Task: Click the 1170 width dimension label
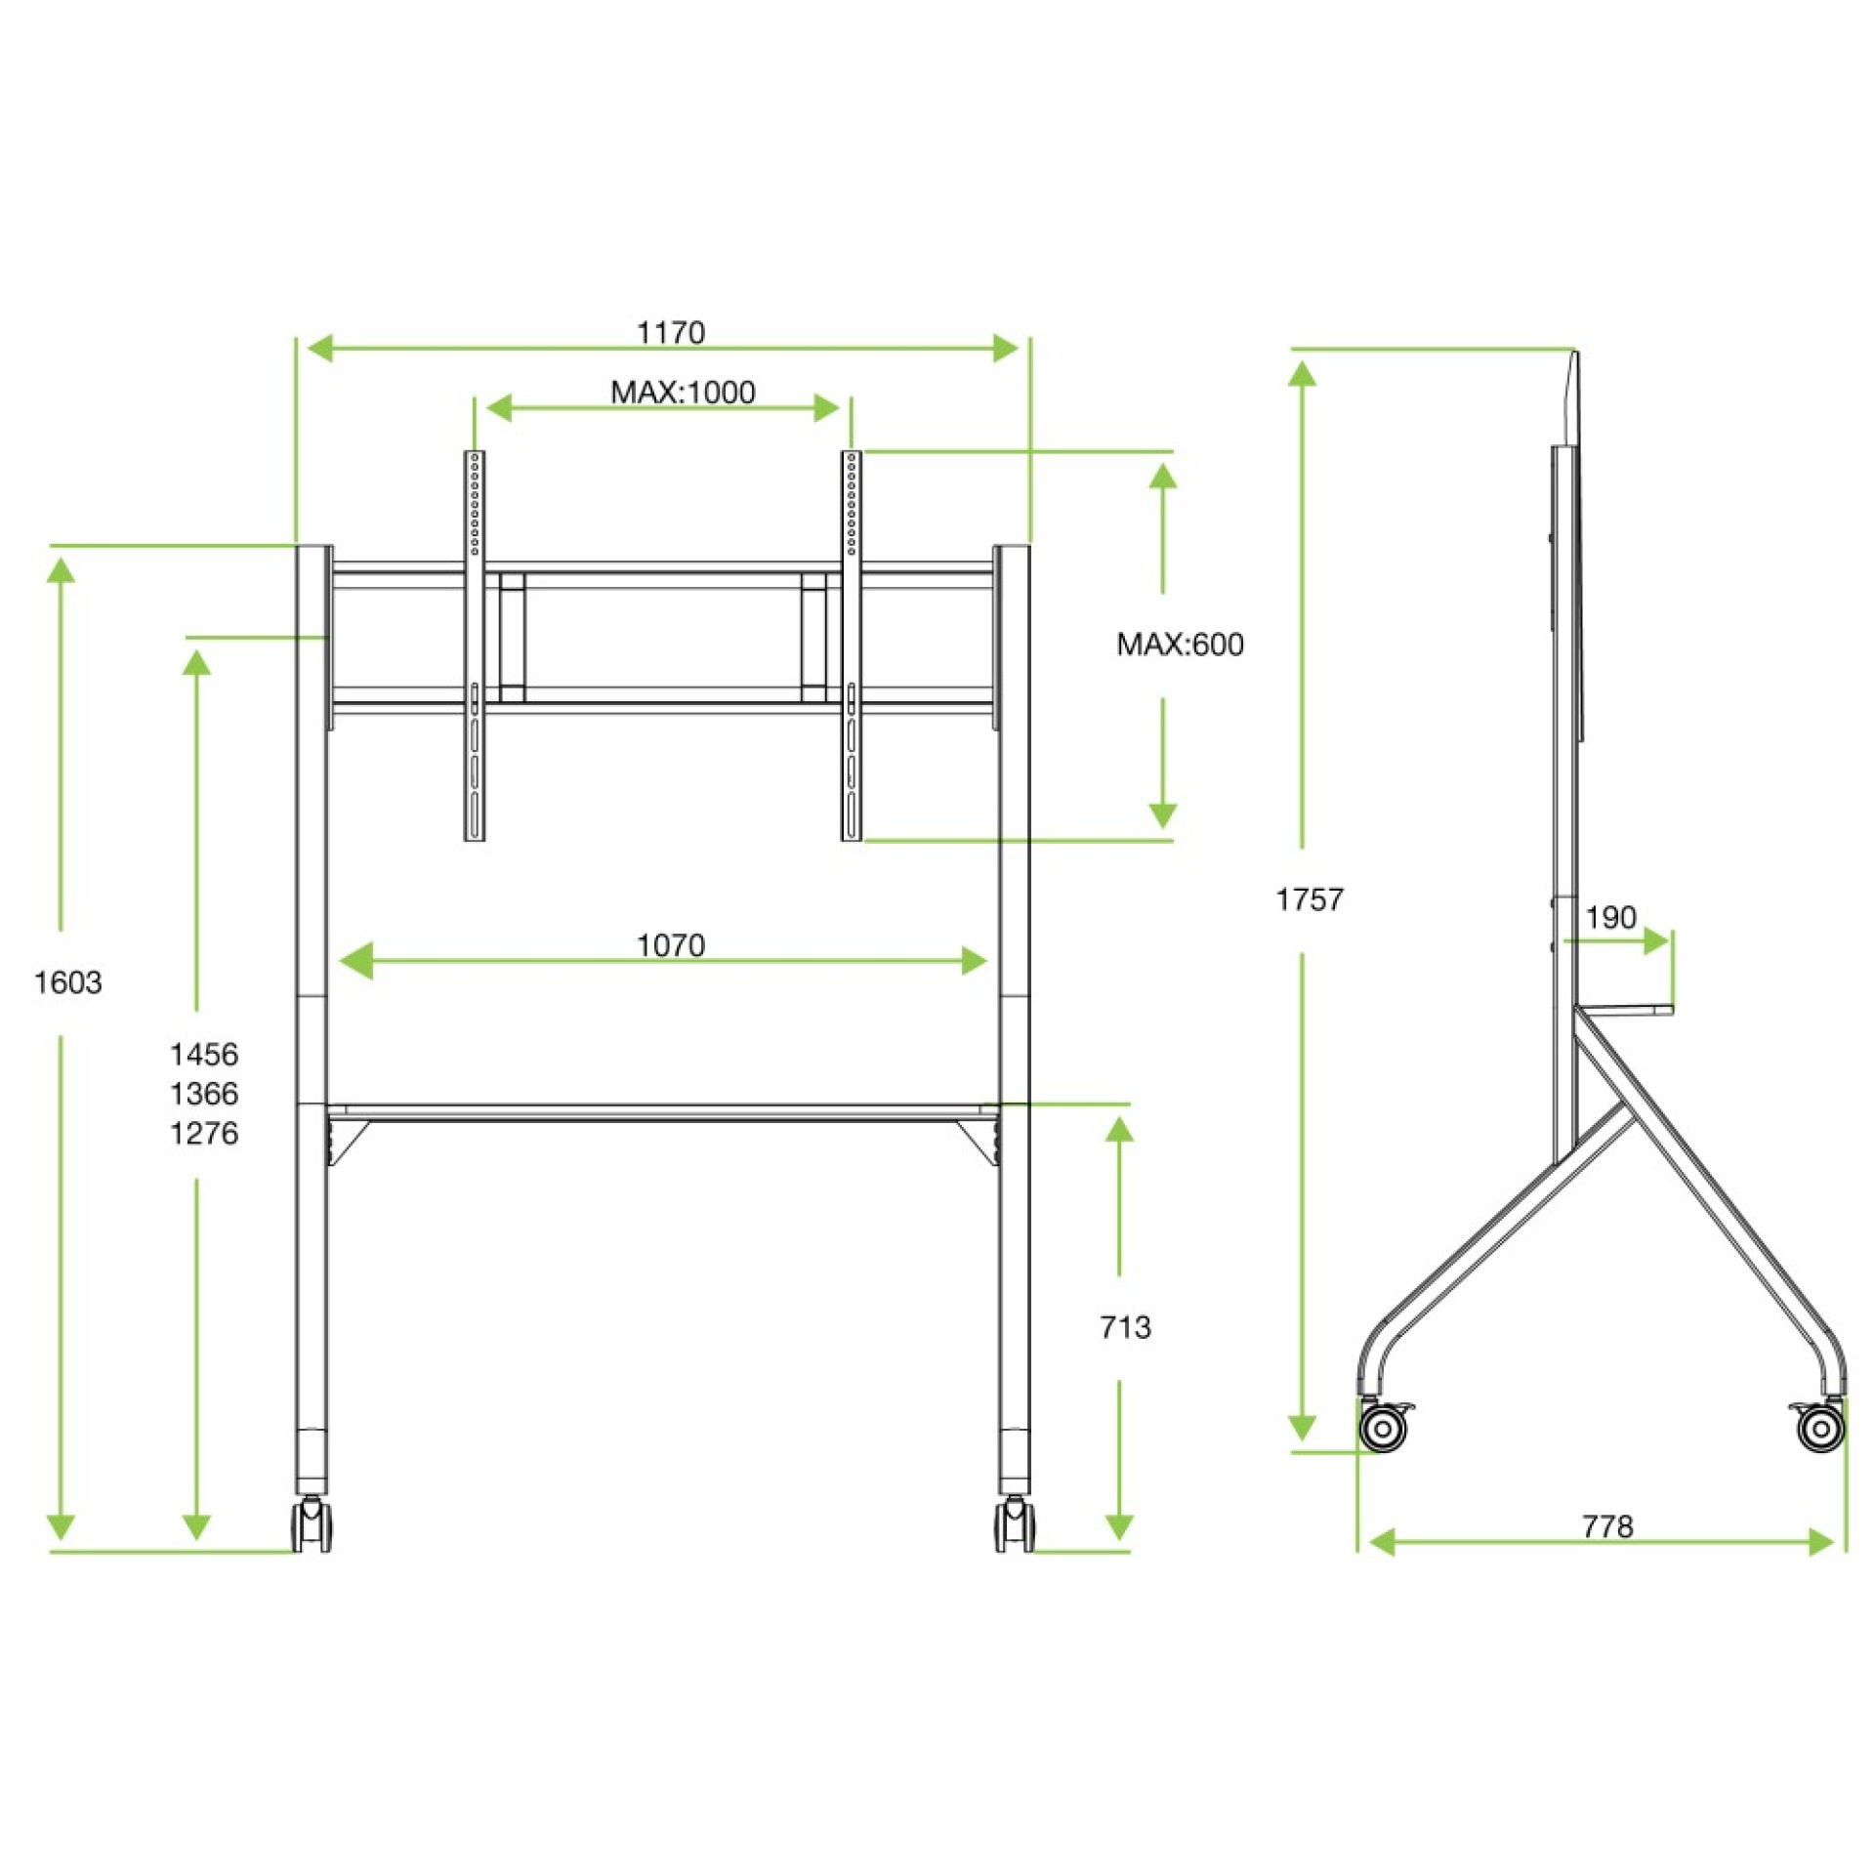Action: (x=670, y=333)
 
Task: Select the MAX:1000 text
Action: (x=683, y=393)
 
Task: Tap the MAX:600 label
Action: (x=1180, y=645)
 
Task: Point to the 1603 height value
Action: (x=67, y=982)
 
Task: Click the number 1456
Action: (x=203, y=1055)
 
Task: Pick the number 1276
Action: (x=203, y=1134)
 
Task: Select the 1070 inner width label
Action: (x=670, y=945)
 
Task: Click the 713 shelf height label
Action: (x=1125, y=1327)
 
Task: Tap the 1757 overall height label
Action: (x=1310, y=899)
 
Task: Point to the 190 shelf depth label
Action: (x=1609, y=917)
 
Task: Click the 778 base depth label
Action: (x=1606, y=1525)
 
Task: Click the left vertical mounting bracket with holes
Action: (x=475, y=645)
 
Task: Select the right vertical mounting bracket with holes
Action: (x=852, y=645)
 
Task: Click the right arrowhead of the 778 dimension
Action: (x=1821, y=1543)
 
